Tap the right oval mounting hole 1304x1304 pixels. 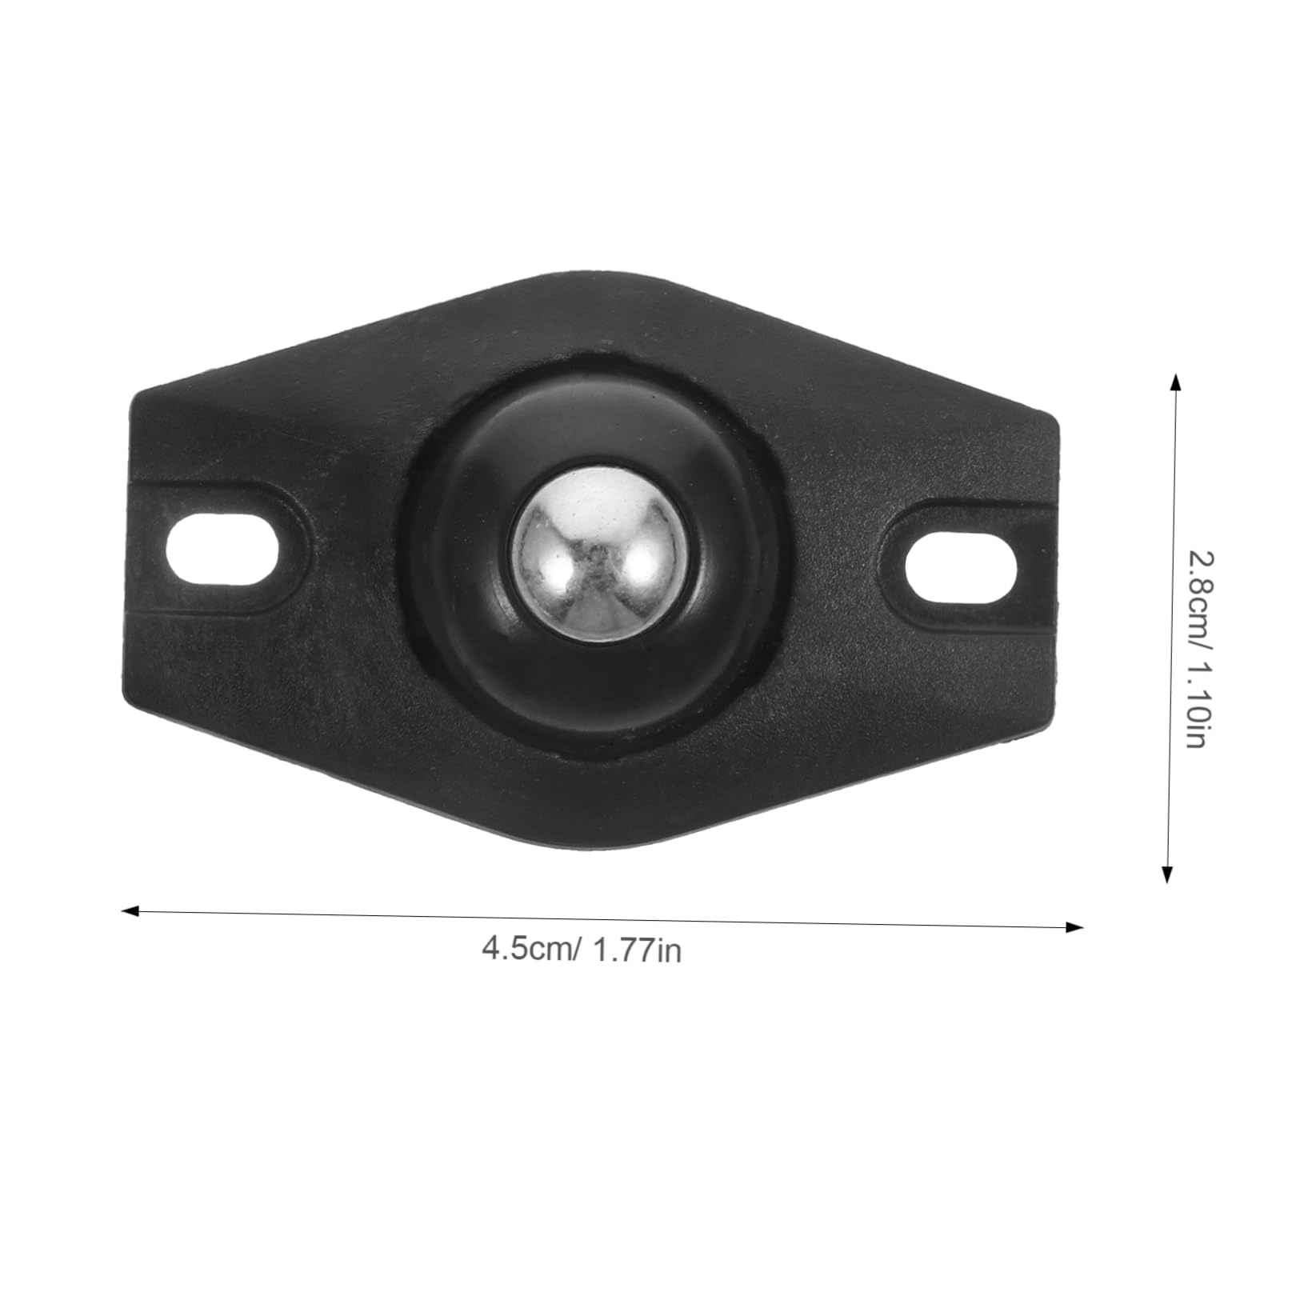(x=961, y=572)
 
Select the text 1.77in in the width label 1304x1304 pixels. (x=638, y=951)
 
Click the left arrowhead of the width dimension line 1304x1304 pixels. (x=128, y=910)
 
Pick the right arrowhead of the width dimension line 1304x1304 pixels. (x=1077, y=927)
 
